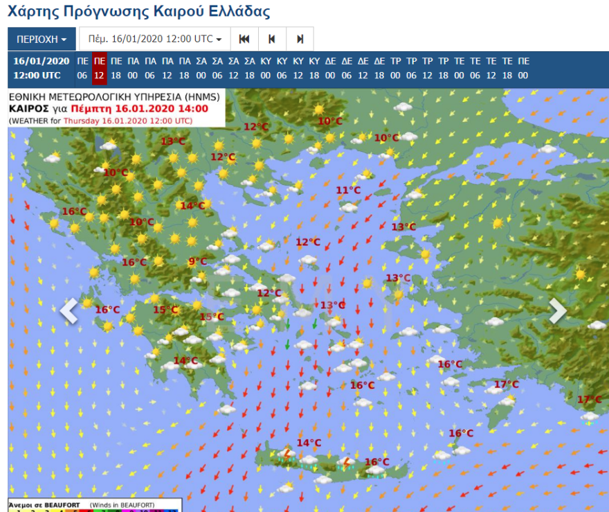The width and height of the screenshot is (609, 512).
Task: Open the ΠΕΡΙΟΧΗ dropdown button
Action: pyautogui.click(x=42, y=39)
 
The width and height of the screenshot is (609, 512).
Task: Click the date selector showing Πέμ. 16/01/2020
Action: pyautogui.click(x=155, y=39)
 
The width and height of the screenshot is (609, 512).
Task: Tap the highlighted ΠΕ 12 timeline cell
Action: pyautogui.click(x=100, y=68)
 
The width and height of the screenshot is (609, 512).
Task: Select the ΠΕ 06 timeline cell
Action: pyautogui.click(x=82, y=68)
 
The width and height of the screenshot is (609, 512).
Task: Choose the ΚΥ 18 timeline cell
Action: pyautogui.click(x=314, y=68)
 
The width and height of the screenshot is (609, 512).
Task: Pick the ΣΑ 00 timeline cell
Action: pyautogui.click(x=201, y=68)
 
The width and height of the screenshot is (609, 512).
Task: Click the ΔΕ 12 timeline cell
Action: pyautogui.click(x=363, y=68)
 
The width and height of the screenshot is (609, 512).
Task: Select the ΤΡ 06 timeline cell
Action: pyautogui.click(x=412, y=68)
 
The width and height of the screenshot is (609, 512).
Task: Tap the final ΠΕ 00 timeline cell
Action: pyautogui.click(x=523, y=68)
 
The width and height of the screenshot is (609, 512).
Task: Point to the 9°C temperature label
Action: pyautogui.click(x=198, y=261)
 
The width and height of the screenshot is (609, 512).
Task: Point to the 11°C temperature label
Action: pyautogui.click(x=348, y=190)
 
